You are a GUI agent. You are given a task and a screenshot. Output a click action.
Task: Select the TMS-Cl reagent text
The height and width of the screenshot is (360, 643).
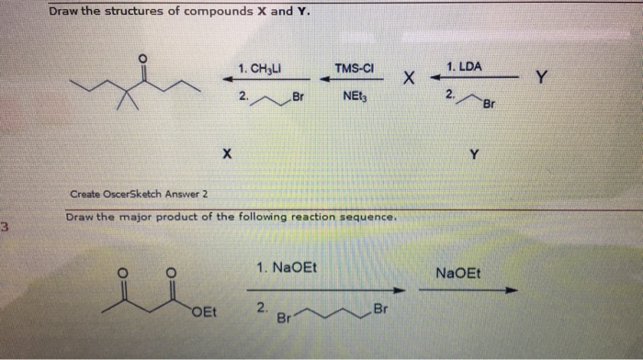point(353,68)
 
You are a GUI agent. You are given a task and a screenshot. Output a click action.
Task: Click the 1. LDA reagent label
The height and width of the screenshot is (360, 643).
point(463,67)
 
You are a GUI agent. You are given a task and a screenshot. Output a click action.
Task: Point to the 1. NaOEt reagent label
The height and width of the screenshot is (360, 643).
point(288,267)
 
